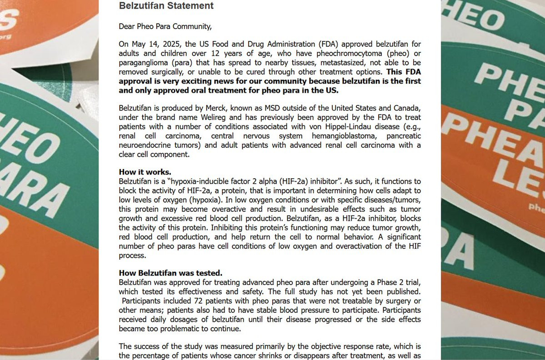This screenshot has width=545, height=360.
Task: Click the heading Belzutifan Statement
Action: click(166, 6)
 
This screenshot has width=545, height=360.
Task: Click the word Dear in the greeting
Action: click(127, 26)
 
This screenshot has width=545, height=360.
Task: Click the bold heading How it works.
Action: click(145, 172)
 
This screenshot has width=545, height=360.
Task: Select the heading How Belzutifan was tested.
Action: click(170, 273)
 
